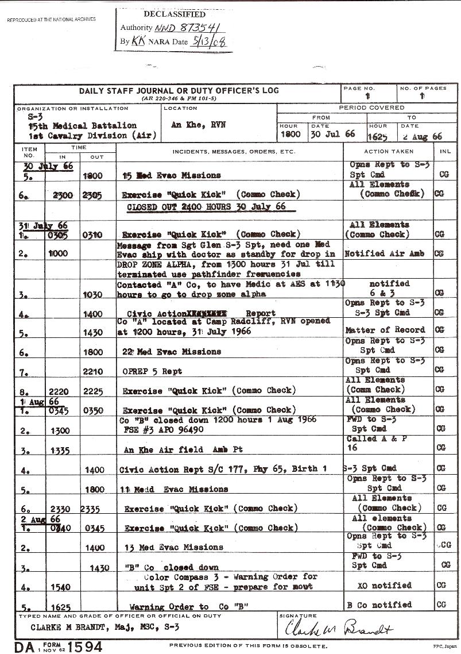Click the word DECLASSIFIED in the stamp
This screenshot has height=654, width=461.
[175, 14]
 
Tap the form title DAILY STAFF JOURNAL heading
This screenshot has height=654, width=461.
[178, 91]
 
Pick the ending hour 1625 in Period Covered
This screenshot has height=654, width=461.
[379, 136]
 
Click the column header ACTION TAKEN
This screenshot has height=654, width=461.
[389, 151]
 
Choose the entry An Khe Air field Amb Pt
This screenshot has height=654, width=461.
[183, 449]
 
